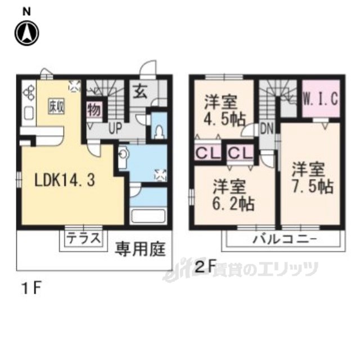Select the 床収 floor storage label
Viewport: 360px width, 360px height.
point(55,105)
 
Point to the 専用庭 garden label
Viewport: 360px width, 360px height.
point(141,247)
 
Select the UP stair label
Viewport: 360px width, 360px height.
point(115,128)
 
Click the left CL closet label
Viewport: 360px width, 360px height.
point(206,152)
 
